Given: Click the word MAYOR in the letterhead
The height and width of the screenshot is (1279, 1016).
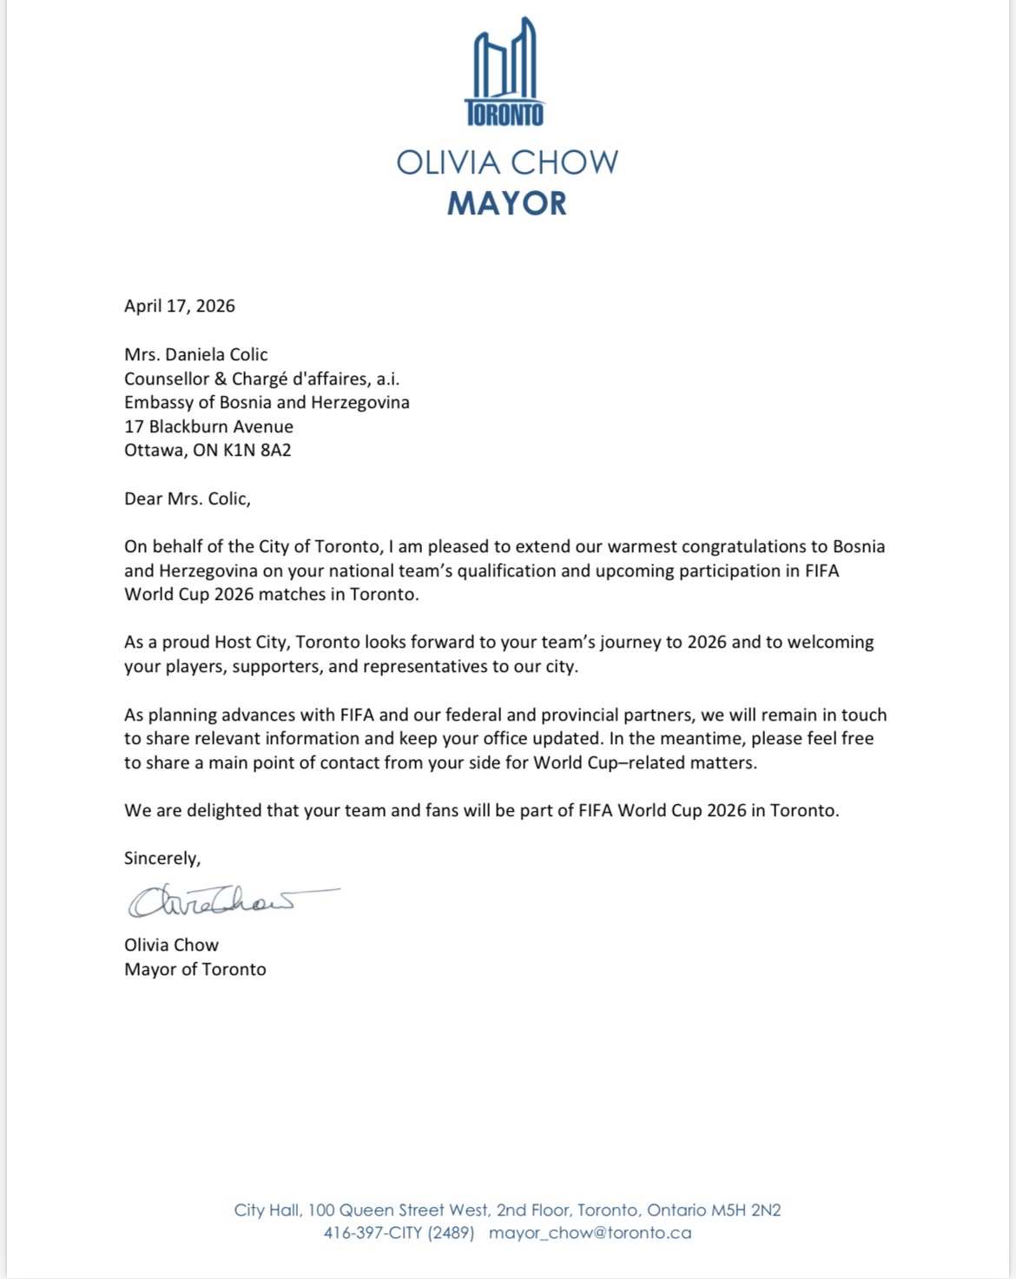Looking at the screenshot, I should point(507,203).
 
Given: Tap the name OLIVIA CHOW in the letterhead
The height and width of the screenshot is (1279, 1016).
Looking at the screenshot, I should point(507,162).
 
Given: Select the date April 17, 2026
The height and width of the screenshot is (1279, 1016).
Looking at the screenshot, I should point(180,306).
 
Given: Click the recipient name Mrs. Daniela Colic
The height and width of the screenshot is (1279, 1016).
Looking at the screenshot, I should point(196,354).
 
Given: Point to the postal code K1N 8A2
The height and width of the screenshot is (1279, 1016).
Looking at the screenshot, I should point(257,450).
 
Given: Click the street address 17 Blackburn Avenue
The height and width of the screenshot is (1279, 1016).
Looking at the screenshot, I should point(208,426).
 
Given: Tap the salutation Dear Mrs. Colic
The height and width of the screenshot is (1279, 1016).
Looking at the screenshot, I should point(187,498).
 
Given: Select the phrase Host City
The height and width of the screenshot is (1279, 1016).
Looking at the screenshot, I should point(253,643).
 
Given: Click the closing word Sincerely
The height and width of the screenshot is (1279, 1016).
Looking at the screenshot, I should point(162,858).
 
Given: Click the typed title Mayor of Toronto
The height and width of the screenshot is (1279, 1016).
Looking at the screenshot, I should point(195,969).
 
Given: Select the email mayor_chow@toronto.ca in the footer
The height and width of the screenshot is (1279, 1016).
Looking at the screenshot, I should point(590,1233).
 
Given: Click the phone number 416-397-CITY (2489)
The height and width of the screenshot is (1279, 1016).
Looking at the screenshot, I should point(399,1233).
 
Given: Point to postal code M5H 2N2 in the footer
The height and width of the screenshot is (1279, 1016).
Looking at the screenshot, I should point(746,1210).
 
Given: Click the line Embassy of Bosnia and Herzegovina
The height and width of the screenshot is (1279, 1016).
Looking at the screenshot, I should point(267,402).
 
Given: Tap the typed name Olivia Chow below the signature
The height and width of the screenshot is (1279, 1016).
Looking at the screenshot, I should point(171,945).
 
